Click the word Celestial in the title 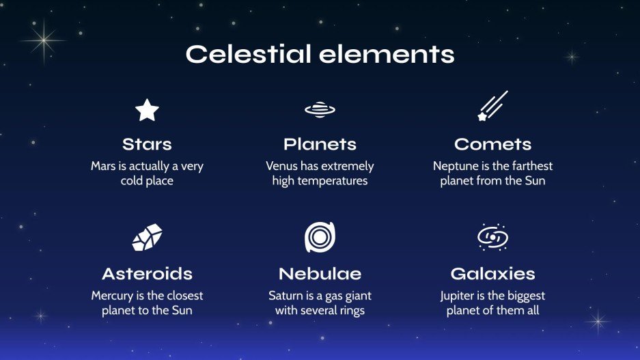click(x=248, y=54)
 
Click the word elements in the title click(x=387, y=54)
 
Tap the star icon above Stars click(x=147, y=110)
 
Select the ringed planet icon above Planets click(x=320, y=110)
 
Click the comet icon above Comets click(x=492, y=106)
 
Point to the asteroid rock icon click(x=147, y=237)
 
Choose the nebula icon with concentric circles click(x=320, y=237)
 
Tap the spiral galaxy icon click(x=492, y=237)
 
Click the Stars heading click(x=147, y=144)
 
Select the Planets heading click(x=320, y=144)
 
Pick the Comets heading click(x=492, y=144)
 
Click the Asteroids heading click(x=147, y=274)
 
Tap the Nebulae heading click(x=320, y=274)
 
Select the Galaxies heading click(x=492, y=274)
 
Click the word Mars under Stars click(x=103, y=166)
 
